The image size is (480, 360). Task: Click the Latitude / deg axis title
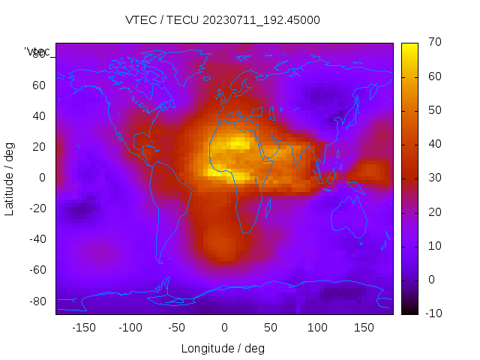[10, 177]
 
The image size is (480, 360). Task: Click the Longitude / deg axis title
[223, 348]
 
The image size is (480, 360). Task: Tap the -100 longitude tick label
[130, 328]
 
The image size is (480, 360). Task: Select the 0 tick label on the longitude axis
[223, 328]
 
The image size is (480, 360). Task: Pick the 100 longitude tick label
[317, 328]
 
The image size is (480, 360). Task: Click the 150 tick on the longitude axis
[364, 328]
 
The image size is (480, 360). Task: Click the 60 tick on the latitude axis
[39, 85]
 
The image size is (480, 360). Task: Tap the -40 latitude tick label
[36, 239]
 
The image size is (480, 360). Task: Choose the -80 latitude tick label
[36, 301]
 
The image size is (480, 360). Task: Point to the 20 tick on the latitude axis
[39, 146]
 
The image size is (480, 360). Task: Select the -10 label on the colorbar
[432, 313]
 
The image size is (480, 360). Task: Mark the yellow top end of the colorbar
[409, 46]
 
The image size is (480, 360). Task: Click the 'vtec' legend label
[37, 52]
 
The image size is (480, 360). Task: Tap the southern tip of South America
[160, 261]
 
